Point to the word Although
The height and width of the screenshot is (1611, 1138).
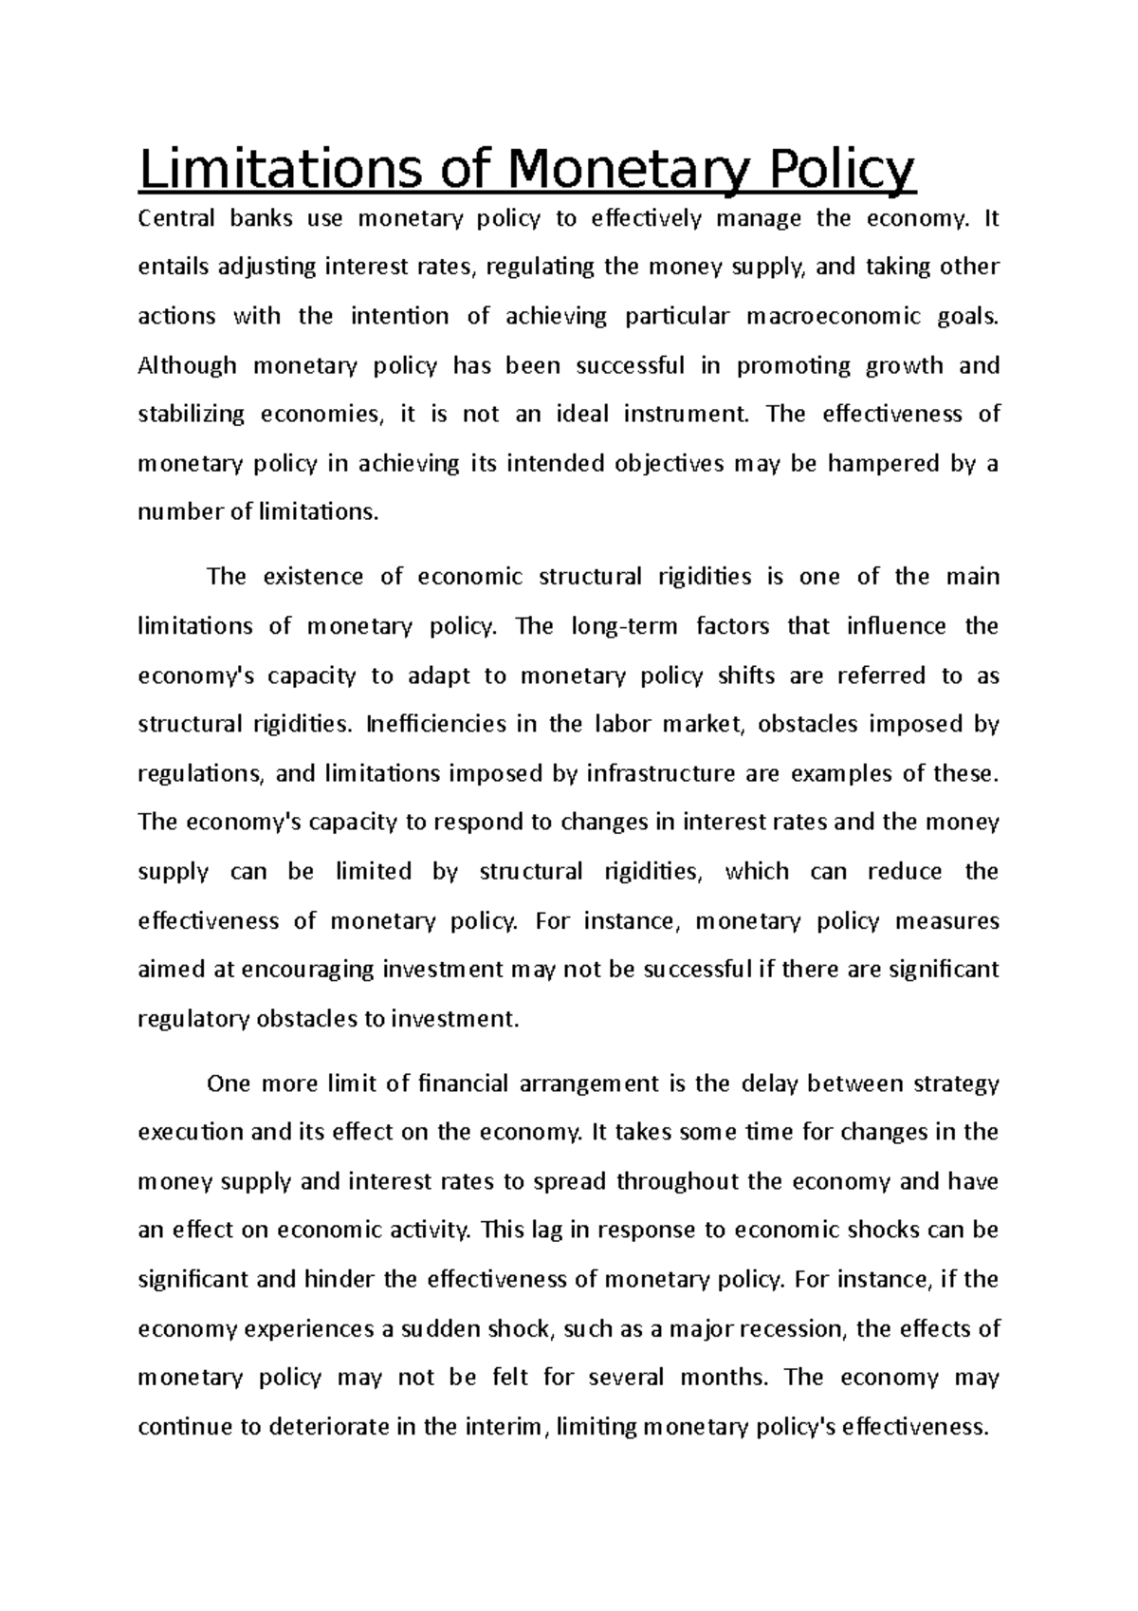(x=187, y=366)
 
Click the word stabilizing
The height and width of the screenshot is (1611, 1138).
(x=191, y=416)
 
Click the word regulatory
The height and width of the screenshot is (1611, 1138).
(x=193, y=1020)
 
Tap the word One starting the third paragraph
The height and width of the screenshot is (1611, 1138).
(x=227, y=1083)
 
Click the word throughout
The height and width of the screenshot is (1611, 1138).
(x=679, y=1182)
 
